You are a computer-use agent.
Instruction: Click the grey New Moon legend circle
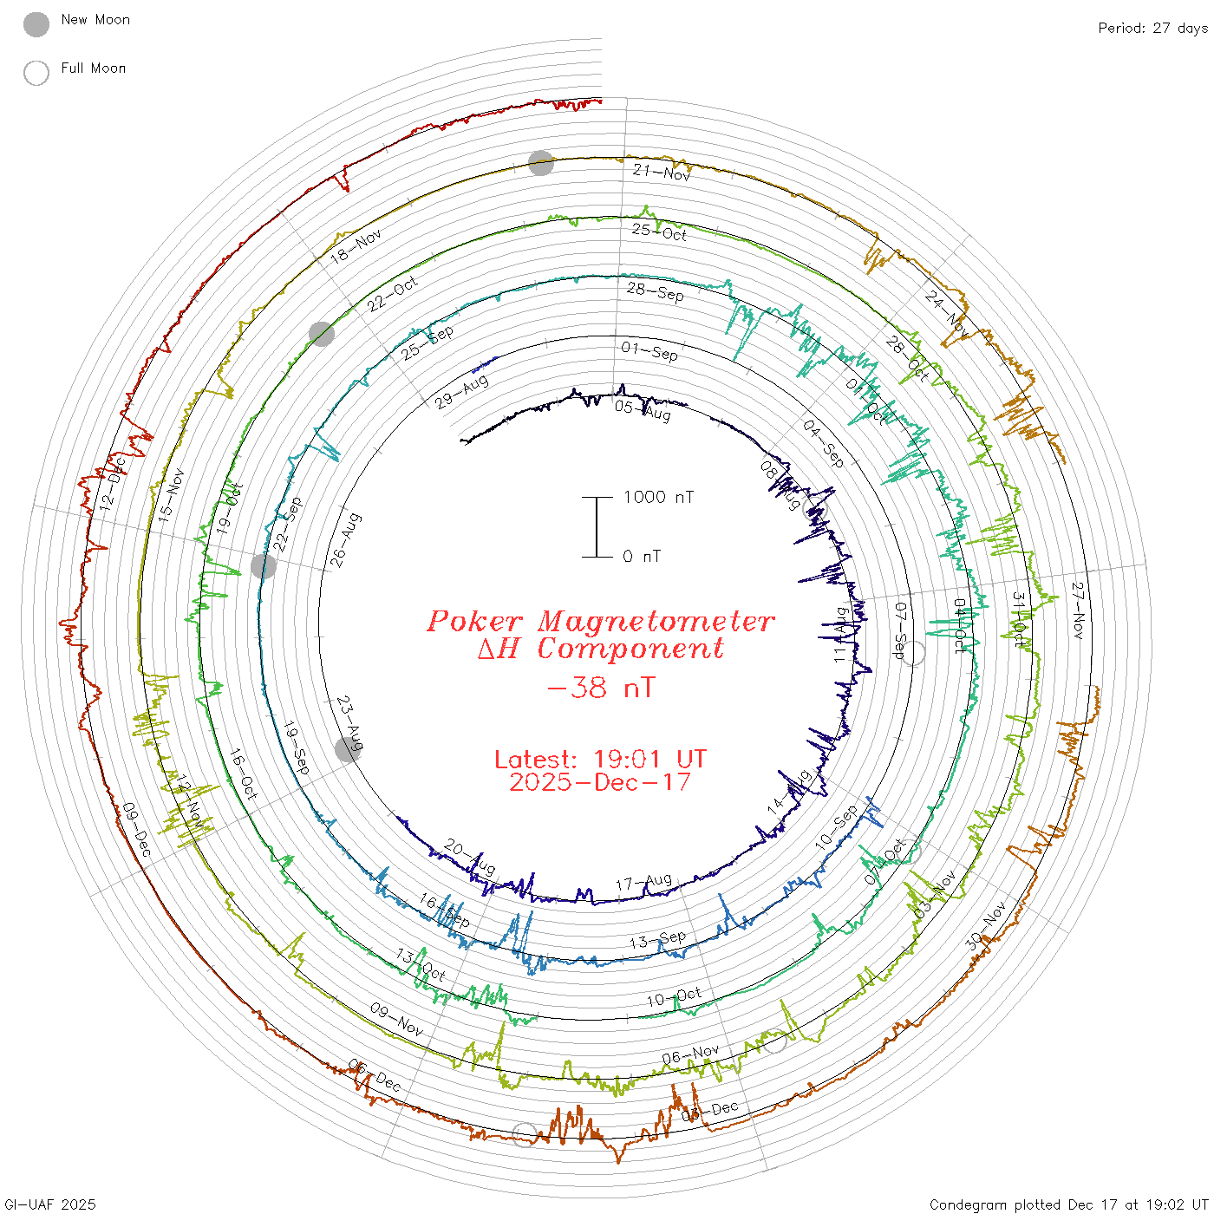click(x=36, y=25)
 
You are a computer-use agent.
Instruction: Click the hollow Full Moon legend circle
click(x=36, y=73)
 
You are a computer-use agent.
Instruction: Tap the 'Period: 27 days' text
click(x=1152, y=29)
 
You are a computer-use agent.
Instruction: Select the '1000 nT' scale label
click(x=658, y=497)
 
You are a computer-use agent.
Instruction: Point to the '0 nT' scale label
click(x=642, y=557)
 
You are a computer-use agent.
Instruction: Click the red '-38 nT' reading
click(x=601, y=689)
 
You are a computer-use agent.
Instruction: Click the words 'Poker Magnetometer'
click(x=600, y=621)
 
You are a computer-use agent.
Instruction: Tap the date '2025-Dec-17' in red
click(x=600, y=782)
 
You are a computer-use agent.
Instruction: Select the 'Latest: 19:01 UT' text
click(x=600, y=760)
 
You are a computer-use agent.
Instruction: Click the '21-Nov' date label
click(x=662, y=173)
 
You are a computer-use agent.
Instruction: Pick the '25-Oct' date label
click(x=659, y=232)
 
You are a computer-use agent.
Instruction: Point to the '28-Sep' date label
click(x=656, y=292)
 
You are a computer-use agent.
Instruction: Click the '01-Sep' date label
click(x=649, y=351)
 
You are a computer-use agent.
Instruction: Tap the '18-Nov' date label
click(x=356, y=246)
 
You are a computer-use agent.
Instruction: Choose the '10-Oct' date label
click(x=674, y=997)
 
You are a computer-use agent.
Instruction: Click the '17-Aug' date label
click(x=643, y=883)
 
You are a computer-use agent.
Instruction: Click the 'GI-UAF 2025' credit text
click(x=49, y=1204)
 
